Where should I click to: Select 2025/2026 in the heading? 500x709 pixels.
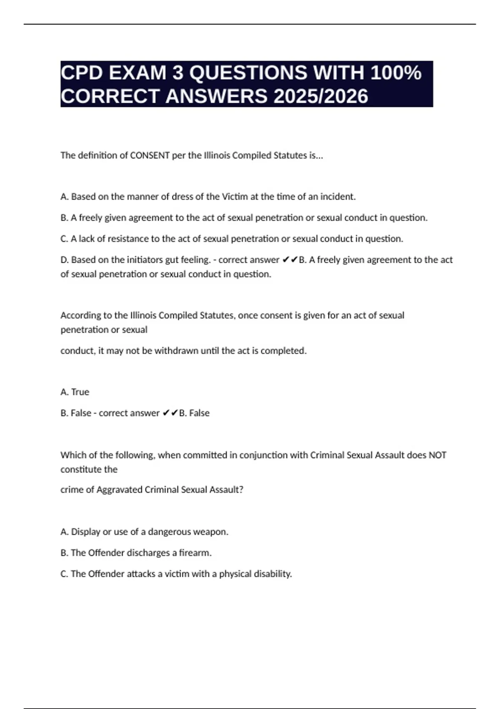pyautogui.click(x=321, y=96)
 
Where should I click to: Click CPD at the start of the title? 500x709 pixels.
pyautogui.click(x=82, y=73)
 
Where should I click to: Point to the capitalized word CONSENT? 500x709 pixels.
pyautogui.click(x=150, y=156)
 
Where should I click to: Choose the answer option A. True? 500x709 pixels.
pyautogui.click(x=75, y=392)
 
